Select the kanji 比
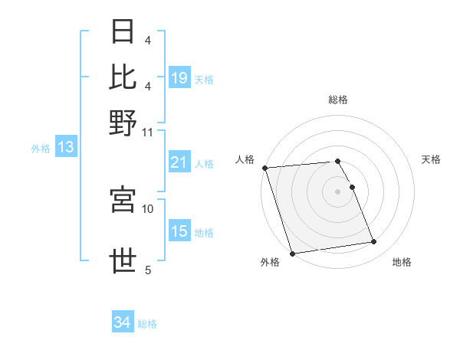tap(123, 77)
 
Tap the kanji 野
tap(123, 122)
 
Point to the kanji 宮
tap(123, 198)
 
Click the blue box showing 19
tap(179, 78)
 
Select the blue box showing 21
tap(179, 162)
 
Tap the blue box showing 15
tap(179, 232)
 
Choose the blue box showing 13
tap(65, 147)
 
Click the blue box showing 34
tap(122, 322)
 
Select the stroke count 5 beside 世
tap(148, 270)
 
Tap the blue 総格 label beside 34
tap(148, 324)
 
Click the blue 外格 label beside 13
tap(41, 149)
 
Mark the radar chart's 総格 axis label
tap(337, 100)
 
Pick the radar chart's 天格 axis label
tap(432, 159)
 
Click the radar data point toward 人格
tap(264, 168)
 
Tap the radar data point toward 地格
tap(373, 242)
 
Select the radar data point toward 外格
tap(292, 253)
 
